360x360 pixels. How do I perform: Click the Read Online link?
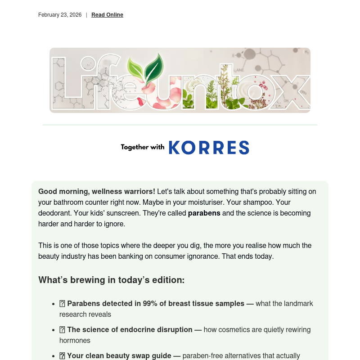[x=107, y=15]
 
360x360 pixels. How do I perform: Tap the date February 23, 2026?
[x=60, y=15]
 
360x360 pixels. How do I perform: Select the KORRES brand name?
[x=209, y=148]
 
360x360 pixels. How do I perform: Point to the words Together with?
[x=142, y=147]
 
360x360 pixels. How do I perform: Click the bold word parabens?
[x=204, y=213]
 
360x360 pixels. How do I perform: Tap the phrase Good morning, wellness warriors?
[x=97, y=191]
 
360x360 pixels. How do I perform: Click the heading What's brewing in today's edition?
[x=111, y=280]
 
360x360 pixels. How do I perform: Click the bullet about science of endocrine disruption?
[x=130, y=330]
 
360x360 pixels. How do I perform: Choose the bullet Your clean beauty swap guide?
[x=119, y=356]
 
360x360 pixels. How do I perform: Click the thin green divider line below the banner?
[x=180, y=125]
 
